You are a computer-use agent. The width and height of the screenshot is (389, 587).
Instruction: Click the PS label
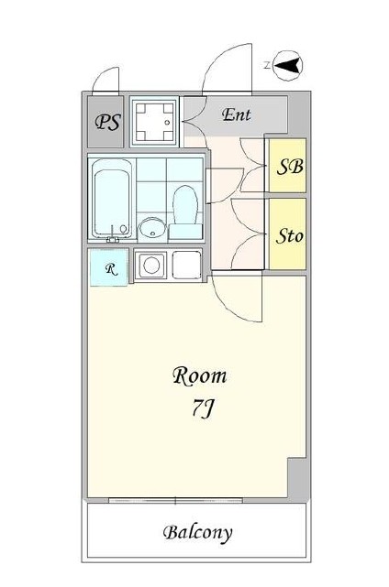[x=108, y=122]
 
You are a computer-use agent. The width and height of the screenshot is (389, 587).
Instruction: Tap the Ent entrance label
[x=237, y=114]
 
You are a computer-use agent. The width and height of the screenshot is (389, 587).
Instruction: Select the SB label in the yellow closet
[x=290, y=167]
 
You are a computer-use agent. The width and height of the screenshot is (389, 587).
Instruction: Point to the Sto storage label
[x=289, y=236]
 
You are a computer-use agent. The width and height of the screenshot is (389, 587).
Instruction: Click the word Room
[x=200, y=375]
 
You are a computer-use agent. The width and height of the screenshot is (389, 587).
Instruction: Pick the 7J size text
[x=203, y=408]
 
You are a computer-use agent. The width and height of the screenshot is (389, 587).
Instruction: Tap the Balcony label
[x=197, y=533]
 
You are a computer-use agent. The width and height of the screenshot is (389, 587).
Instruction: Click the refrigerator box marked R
[x=109, y=267]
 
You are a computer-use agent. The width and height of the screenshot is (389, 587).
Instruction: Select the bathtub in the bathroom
[x=112, y=199]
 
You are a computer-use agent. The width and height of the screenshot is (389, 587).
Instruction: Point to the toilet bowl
[x=185, y=212]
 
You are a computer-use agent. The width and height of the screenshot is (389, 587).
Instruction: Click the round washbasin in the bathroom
[x=152, y=228]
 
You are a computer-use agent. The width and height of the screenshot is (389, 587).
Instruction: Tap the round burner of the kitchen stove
[x=151, y=265]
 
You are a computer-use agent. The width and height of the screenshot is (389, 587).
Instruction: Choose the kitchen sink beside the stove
[x=187, y=265]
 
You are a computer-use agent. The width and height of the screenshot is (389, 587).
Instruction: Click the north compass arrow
[x=288, y=66]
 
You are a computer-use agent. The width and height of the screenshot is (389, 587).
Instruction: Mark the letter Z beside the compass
[x=267, y=66]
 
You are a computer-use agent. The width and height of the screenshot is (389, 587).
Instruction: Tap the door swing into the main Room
[x=232, y=304]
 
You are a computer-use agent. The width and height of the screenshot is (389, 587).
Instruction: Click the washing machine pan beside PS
[x=154, y=122]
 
